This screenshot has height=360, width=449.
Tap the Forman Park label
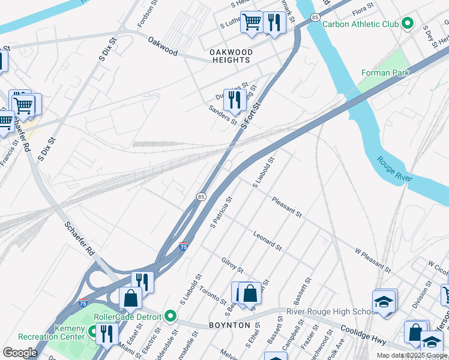pos(385,73)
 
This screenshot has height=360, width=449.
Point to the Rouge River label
pos(394,170)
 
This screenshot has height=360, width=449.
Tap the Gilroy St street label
pos(232,265)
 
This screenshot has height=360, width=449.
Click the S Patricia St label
pos(221,212)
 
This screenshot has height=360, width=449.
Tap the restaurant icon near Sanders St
pos(234,100)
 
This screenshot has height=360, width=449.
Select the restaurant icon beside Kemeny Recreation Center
pos(106,334)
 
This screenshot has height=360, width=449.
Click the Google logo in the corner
pos(20,353)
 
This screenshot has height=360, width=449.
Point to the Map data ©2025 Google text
pos(411,355)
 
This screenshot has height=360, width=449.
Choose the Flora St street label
pos(363,11)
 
